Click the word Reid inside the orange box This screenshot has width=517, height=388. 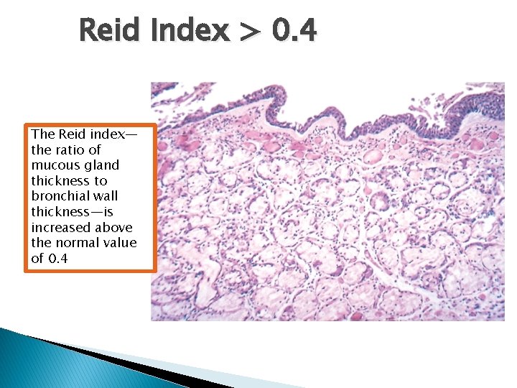(73, 134)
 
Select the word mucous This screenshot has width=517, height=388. (55, 165)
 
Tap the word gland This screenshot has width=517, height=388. (102, 165)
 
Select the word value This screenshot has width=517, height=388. (119, 243)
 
